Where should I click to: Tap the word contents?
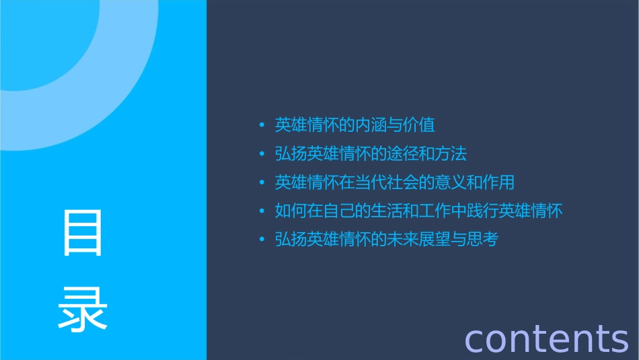[x=546, y=338]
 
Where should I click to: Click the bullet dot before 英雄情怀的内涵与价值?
[x=262, y=125]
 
